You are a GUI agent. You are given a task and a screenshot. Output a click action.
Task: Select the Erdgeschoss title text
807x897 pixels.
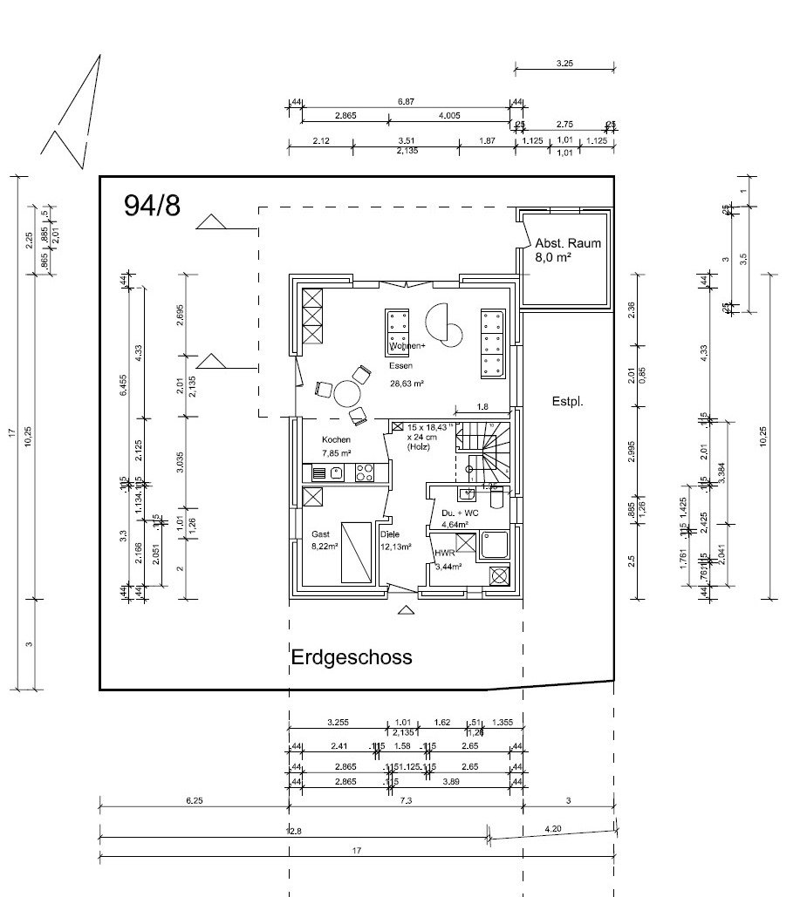click(x=352, y=656)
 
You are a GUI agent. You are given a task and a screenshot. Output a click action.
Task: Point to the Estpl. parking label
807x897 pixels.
click(x=566, y=402)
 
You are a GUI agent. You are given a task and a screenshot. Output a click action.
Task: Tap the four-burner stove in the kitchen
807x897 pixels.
click(x=365, y=473)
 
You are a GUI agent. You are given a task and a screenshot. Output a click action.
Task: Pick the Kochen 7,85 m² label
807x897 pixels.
click(x=336, y=446)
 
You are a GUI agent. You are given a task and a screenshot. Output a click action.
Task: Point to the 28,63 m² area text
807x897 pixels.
click(x=407, y=384)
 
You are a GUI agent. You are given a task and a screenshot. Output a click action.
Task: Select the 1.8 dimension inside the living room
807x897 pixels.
click(x=482, y=407)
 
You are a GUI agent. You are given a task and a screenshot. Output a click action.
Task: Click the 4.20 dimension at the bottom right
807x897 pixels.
click(x=553, y=829)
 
